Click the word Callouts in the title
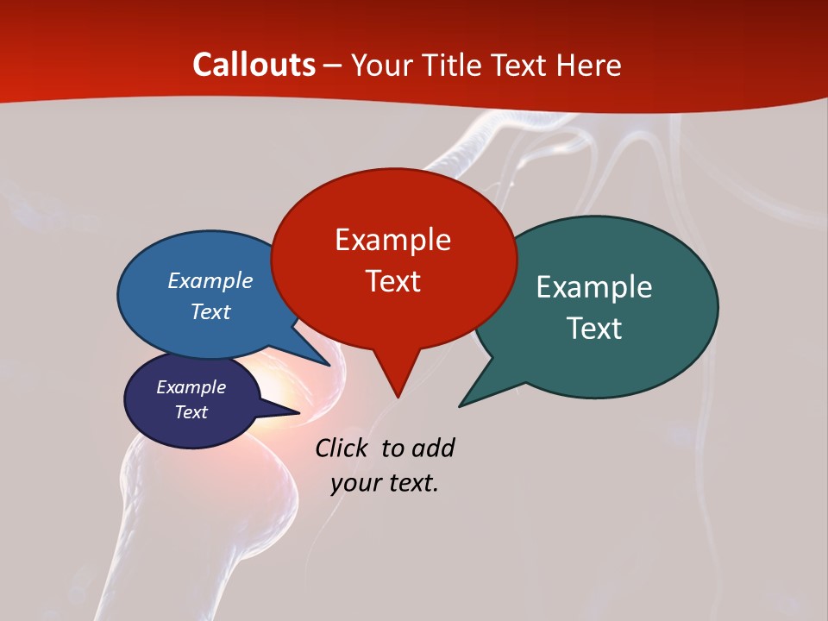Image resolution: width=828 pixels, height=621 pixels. coord(254,65)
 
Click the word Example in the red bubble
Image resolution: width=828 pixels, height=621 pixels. coord(392,240)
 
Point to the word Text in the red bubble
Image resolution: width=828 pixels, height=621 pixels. coord(392,281)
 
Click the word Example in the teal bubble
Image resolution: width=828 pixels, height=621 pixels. coord(593,287)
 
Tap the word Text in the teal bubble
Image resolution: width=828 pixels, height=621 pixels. coord(593,329)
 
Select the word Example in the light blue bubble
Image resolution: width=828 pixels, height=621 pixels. coord(210,280)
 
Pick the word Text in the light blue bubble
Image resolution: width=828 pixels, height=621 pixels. coord(210,311)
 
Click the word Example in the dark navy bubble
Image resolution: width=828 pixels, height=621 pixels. coord(191,387)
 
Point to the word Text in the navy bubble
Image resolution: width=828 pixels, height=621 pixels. coord(191,412)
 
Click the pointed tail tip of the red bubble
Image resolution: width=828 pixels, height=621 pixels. coord(398,397)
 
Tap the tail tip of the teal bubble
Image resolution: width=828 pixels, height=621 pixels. coord(460,405)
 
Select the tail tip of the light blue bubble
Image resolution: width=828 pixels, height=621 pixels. coord(329,365)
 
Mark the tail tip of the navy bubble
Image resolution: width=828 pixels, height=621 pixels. coord(299,412)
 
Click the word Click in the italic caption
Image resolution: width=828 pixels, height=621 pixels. coord(342,448)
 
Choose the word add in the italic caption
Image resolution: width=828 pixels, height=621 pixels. coord(433,448)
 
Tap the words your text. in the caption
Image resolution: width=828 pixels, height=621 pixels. coord(385,483)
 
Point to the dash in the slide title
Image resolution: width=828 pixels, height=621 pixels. coord(334,66)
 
